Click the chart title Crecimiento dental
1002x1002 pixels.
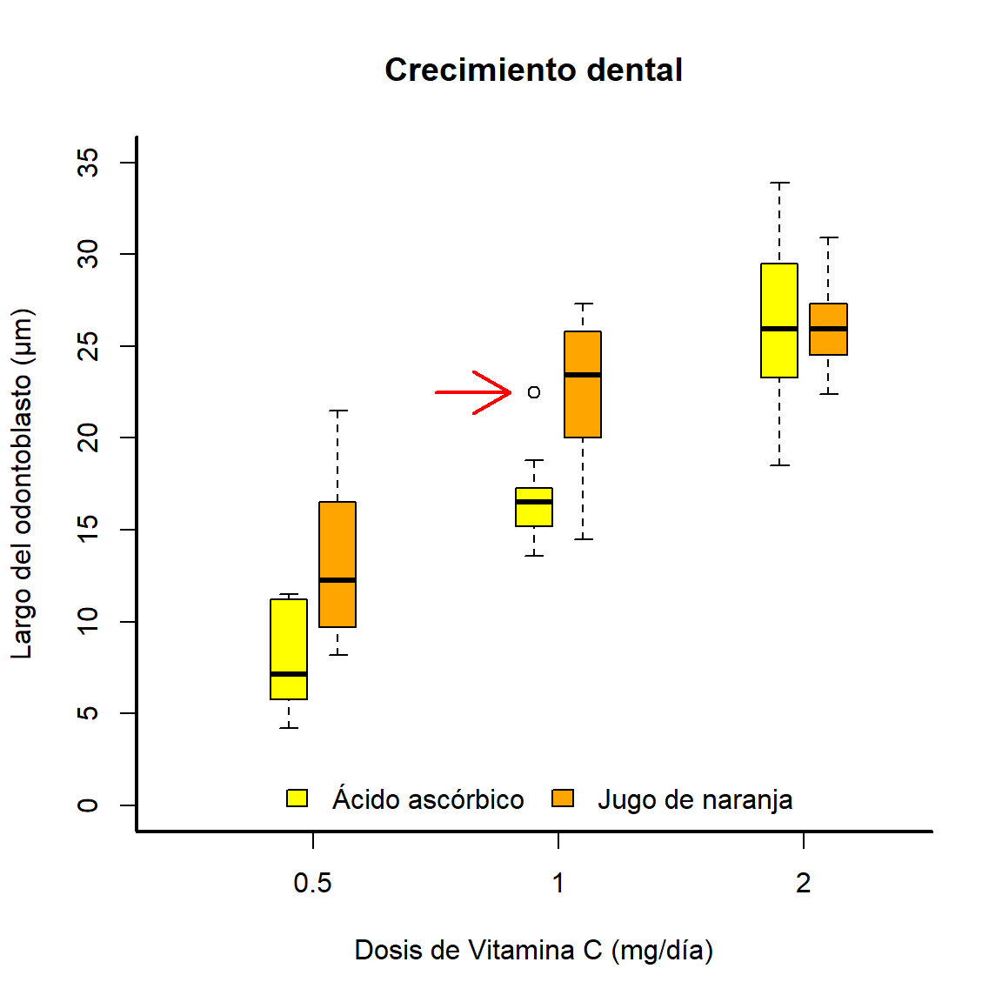tap(533, 70)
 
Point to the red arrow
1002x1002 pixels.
tap(473, 392)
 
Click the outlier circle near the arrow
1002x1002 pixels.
tap(534, 392)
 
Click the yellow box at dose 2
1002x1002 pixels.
tap(779, 296)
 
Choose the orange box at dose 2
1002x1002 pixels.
tap(828, 341)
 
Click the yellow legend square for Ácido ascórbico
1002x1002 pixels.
tap(297, 798)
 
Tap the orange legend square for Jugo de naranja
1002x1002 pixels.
tap(563, 798)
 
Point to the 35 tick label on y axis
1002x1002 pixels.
tap(88, 163)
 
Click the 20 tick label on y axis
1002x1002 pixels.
tap(88, 438)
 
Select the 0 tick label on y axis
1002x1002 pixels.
tap(88, 805)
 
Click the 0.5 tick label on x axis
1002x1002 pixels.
tap(312, 884)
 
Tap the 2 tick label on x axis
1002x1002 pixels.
tap(803, 884)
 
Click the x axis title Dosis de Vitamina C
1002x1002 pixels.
tap(533, 950)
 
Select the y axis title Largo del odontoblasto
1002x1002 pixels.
tap(22, 484)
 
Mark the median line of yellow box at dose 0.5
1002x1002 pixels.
tap(289, 674)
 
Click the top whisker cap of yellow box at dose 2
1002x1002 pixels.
tap(779, 183)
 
